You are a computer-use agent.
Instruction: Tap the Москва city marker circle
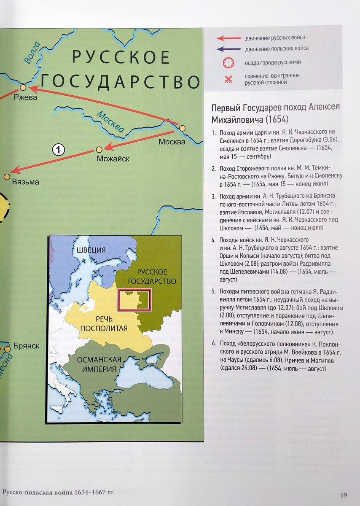tap(182, 127)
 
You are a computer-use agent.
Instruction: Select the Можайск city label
tap(113, 159)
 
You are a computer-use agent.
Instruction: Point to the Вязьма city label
tap(26, 182)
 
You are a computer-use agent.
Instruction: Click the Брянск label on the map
tap(26, 346)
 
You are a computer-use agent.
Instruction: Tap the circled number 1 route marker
tap(59, 149)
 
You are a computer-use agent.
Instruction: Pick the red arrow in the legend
tap(228, 38)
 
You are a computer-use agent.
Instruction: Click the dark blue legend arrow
tap(228, 49)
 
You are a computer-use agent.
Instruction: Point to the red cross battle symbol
tap(228, 79)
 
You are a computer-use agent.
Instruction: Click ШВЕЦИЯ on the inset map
tap(91, 250)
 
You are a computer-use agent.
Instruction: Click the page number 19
tap(344, 495)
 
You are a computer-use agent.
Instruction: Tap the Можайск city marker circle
tap(99, 149)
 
